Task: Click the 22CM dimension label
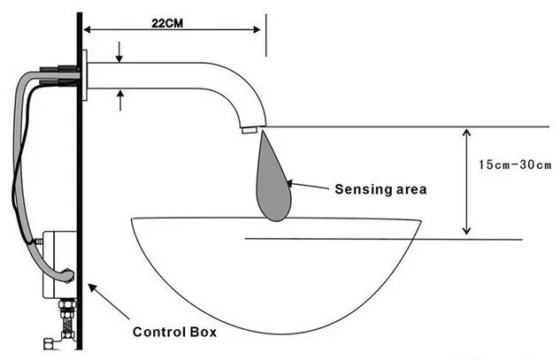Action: (167, 23)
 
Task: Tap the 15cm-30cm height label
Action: (515, 165)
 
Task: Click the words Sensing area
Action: (380, 189)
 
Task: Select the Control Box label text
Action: (174, 332)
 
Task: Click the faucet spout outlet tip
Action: (249, 130)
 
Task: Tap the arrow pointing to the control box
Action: (109, 301)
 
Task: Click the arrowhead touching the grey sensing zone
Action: (289, 184)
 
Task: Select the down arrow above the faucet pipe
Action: (119, 52)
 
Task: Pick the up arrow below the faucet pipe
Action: (120, 100)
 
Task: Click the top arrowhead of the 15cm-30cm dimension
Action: (466, 133)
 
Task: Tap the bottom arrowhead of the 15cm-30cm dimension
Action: (466, 230)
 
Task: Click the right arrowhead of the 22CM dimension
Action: (257, 30)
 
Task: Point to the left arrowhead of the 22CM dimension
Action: (87, 30)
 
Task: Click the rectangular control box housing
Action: (59, 264)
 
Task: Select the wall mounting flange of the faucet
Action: (85, 75)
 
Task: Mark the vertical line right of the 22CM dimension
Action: (266, 35)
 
